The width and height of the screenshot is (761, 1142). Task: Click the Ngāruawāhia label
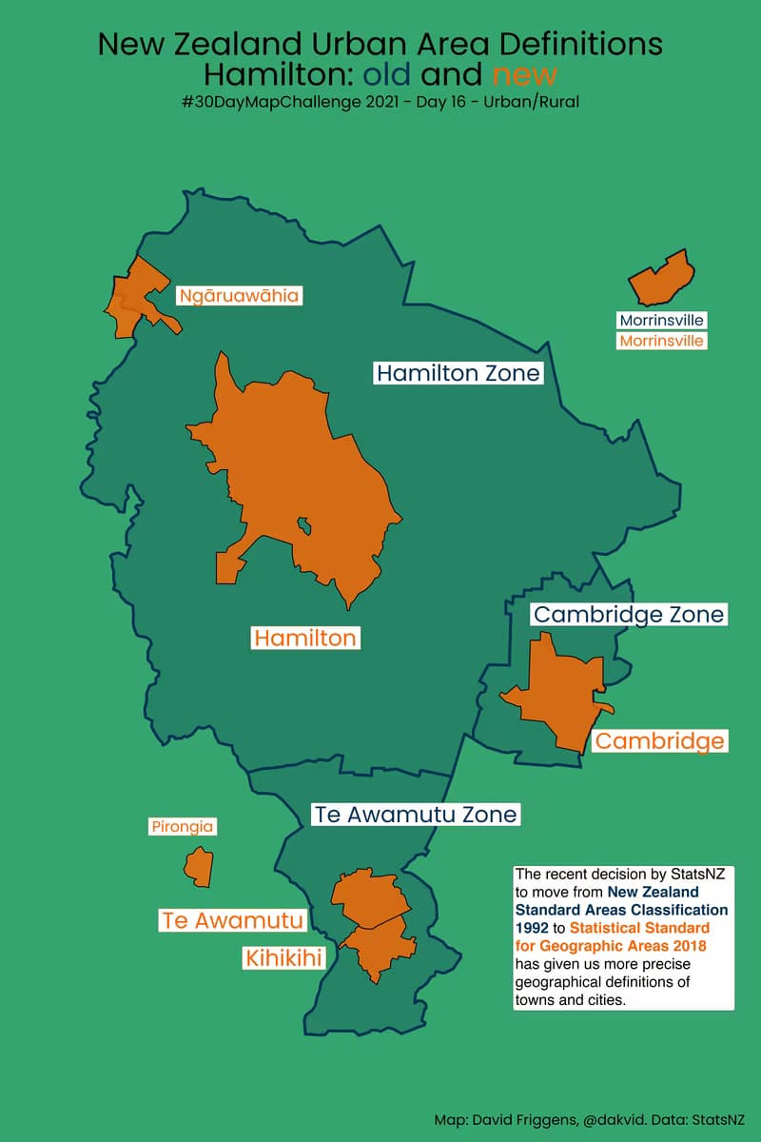239,296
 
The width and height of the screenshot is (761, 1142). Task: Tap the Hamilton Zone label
458,373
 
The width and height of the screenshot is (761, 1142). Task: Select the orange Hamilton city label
304,638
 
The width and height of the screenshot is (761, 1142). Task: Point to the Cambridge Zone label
629,615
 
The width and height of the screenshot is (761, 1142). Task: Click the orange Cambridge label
660,740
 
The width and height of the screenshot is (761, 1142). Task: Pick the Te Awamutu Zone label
416,815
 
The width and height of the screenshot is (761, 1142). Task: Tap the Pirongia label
182,827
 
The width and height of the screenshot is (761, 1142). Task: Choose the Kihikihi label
283,957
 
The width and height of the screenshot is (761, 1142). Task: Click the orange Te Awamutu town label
233,920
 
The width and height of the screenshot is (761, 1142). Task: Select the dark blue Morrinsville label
661,321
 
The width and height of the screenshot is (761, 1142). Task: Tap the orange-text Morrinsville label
661,341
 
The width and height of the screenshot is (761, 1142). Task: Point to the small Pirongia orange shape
198,865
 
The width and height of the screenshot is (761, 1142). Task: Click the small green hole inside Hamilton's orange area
304,524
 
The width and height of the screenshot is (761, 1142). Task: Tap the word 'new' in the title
524,74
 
